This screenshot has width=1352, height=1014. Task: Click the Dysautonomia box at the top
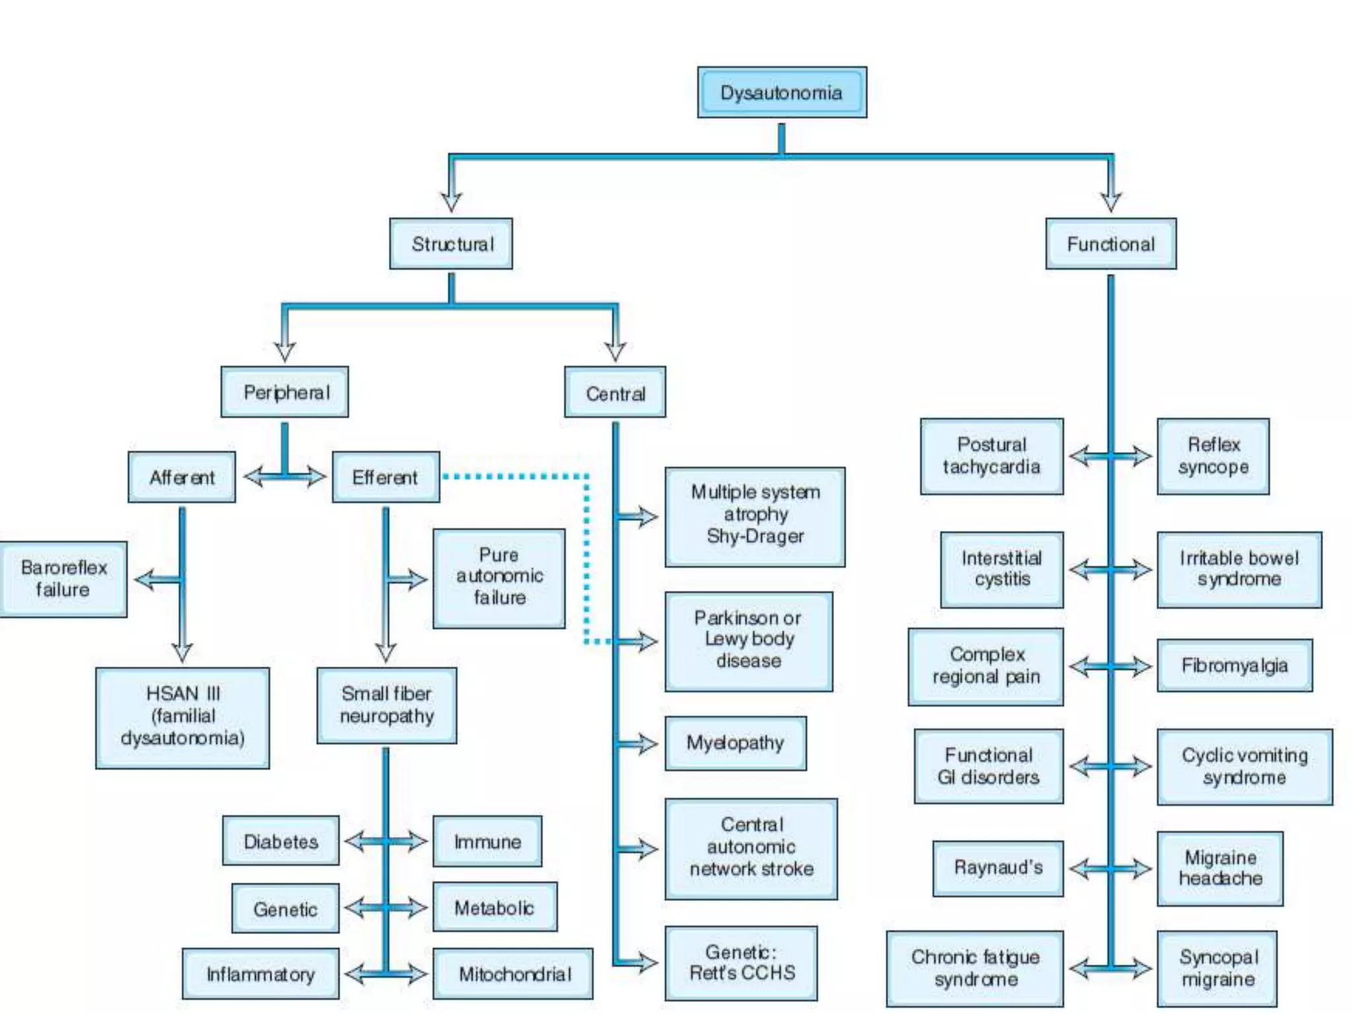[782, 92]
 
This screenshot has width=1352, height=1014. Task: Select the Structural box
[451, 244]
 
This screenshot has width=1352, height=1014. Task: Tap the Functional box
[1110, 244]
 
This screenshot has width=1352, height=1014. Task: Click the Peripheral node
[285, 392]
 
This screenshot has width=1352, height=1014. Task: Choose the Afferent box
[182, 477]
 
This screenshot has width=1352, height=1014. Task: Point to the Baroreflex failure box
[63, 579]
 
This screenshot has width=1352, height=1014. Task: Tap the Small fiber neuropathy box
[386, 705]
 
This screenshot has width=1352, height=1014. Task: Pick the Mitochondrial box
[513, 974]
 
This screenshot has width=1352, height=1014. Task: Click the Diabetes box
[281, 841]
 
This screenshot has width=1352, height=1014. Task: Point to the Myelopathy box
[735, 743]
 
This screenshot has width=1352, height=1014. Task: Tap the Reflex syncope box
[1213, 456]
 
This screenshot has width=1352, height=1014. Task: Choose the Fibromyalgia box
[1234, 665]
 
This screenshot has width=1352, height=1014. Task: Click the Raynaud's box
[997, 868]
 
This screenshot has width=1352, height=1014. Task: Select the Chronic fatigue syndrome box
[974, 968]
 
